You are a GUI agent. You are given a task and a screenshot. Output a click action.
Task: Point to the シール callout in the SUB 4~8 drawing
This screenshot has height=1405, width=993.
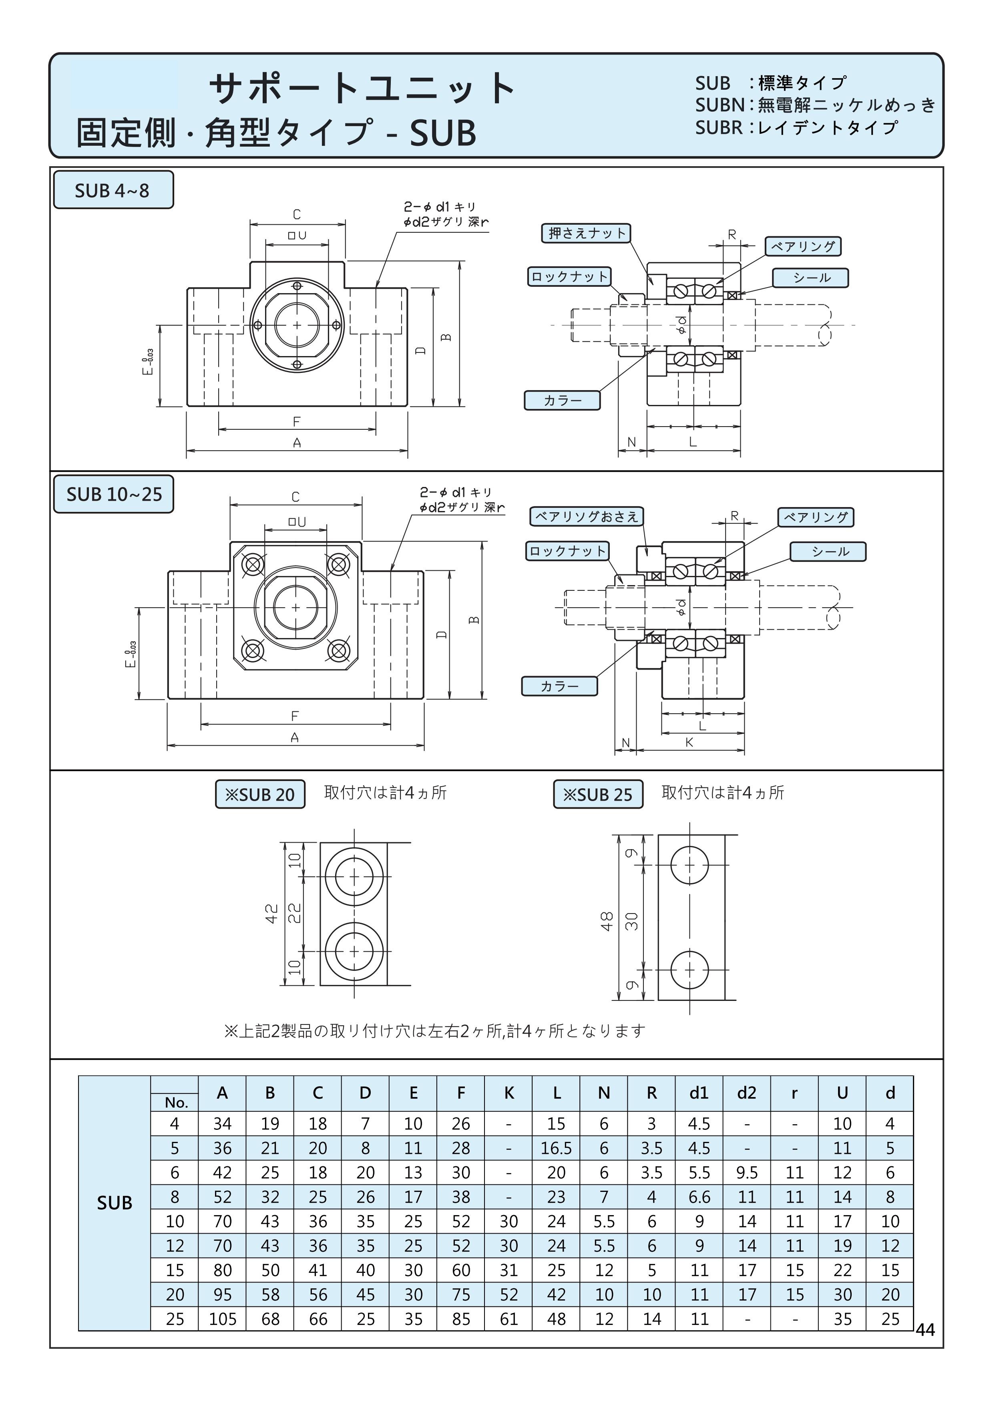coord(811,278)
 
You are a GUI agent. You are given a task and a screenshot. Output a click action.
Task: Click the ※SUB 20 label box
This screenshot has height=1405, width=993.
coord(260,794)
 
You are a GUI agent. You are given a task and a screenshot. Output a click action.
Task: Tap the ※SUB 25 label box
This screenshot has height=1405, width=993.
coord(598,794)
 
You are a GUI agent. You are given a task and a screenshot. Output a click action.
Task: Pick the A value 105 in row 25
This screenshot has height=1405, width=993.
coord(222,1319)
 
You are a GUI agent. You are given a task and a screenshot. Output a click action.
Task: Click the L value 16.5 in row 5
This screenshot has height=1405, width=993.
coord(556,1148)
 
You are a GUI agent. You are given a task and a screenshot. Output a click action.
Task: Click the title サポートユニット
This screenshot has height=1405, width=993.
coord(362,88)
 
